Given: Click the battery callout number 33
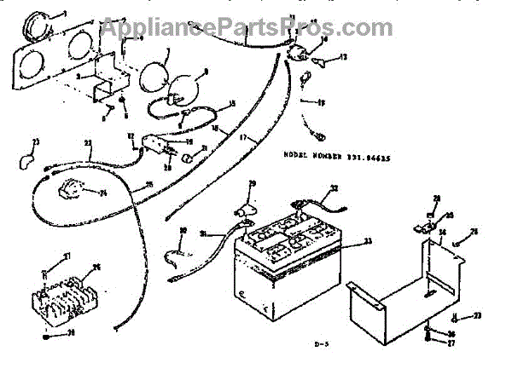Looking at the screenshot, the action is [368, 242].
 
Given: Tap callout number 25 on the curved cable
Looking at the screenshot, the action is [148, 184].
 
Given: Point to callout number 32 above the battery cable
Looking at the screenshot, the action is [335, 189].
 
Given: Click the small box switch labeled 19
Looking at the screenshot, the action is [155, 146].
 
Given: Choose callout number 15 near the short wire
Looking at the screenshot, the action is [230, 105].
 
